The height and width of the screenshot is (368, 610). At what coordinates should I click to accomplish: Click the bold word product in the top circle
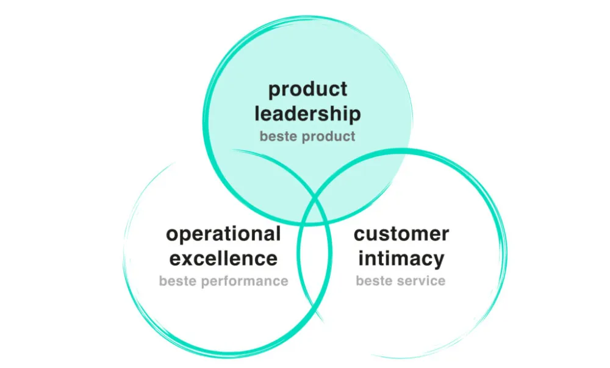(x=307, y=90)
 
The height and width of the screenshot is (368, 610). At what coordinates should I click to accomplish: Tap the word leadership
(x=307, y=114)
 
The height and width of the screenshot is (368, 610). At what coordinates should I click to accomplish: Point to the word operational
(x=223, y=234)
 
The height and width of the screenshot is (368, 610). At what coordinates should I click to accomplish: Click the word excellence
(x=223, y=258)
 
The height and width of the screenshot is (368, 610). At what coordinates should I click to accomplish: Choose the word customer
(x=401, y=234)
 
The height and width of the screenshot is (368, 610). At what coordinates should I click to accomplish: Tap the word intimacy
(x=401, y=258)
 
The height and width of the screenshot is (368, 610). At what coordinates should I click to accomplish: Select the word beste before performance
(x=179, y=281)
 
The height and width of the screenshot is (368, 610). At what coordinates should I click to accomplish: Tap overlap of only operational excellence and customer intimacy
(x=314, y=269)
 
